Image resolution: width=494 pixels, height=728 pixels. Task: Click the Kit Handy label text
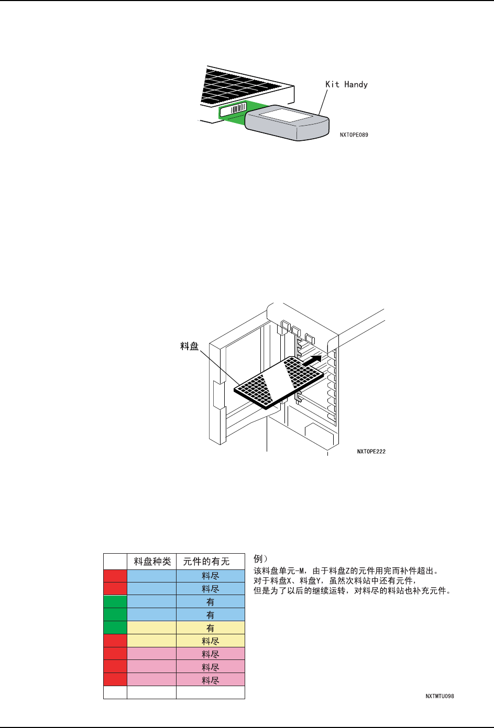tap(346, 84)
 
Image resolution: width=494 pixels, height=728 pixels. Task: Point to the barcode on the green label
tap(239, 109)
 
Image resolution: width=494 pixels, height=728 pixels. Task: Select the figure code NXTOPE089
tap(354, 135)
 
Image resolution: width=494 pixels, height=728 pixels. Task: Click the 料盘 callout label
tap(189, 346)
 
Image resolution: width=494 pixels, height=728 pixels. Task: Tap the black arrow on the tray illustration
tap(312, 360)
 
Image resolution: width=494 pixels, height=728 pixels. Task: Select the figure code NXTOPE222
tap(371, 452)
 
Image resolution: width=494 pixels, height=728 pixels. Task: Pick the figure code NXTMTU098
tap(440, 696)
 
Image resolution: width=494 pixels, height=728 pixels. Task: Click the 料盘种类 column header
tap(152, 562)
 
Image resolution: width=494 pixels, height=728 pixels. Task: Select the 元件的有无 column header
tap(206, 562)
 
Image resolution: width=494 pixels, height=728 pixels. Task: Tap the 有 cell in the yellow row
tap(210, 628)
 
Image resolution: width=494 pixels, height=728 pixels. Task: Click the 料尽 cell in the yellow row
tap(210, 641)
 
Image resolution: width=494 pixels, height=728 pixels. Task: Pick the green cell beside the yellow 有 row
tap(115, 628)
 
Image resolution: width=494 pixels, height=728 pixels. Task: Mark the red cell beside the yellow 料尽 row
tap(115, 641)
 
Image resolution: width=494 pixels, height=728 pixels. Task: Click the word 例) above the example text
tap(260, 559)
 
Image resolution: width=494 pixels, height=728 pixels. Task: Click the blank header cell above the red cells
tap(115, 562)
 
